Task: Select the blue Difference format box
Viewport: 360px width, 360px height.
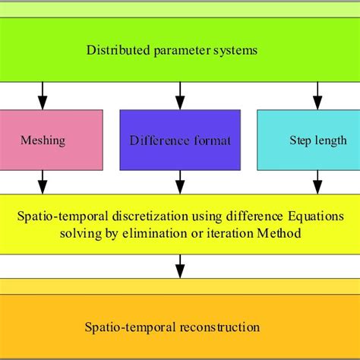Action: pos(180,140)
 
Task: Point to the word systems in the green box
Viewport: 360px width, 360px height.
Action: pos(237,51)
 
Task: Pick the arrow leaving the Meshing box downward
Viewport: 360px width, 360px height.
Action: pos(42,182)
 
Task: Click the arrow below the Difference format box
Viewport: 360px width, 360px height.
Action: pos(180,182)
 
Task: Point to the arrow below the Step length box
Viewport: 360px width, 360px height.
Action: pos(316,182)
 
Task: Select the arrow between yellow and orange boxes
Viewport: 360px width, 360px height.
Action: pos(180,266)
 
